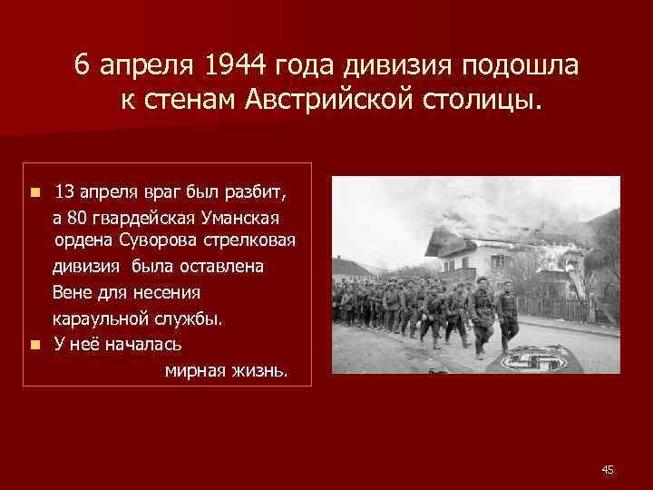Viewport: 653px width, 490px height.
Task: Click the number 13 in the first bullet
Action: point(65,192)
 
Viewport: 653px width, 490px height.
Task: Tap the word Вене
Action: point(73,293)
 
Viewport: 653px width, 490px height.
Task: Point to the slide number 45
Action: point(608,469)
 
